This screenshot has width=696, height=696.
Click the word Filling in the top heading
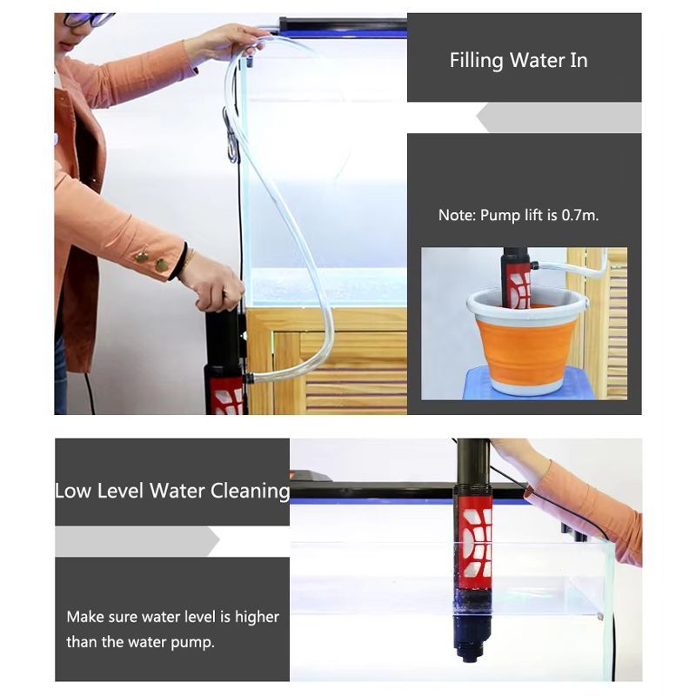click(476, 61)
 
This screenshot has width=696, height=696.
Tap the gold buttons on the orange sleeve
click(151, 261)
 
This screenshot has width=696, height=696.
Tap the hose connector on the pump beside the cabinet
click(248, 378)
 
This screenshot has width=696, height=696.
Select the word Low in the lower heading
click(73, 491)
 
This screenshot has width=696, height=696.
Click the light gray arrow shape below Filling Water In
click(559, 117)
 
